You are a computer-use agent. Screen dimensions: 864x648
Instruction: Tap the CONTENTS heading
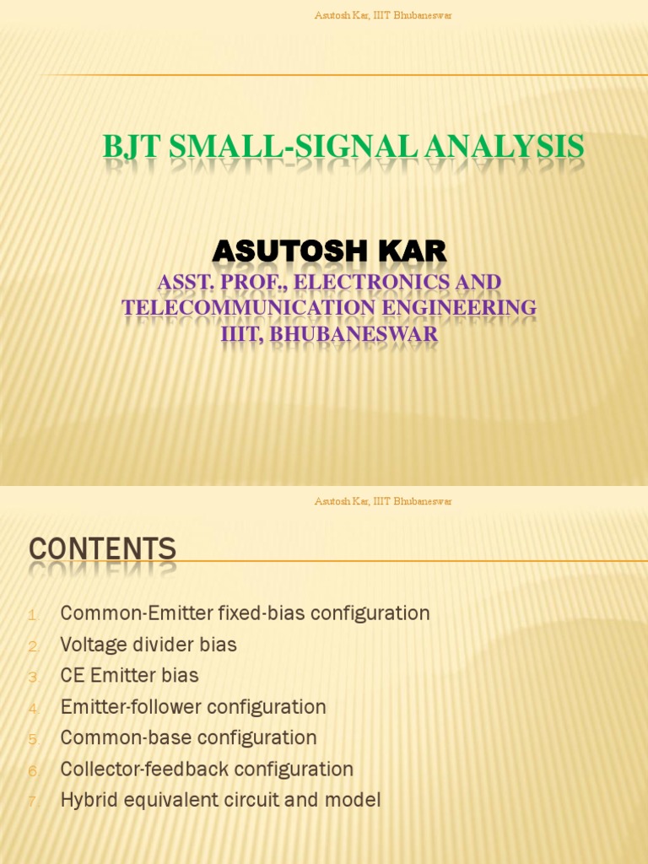tap(103, 549)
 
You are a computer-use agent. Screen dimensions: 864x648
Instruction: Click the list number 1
tap(33, 615)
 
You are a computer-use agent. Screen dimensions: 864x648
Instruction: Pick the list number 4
tap(33, 709)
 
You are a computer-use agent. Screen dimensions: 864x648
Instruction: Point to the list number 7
tap(33, 802)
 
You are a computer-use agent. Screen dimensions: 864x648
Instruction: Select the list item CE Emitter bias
tap(130, 676)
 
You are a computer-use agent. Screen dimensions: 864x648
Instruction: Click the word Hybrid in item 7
tap(89, 800)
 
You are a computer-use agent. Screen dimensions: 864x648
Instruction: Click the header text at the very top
tap(383, 16)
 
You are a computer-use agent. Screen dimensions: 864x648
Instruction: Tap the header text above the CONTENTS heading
tap(383, 502)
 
